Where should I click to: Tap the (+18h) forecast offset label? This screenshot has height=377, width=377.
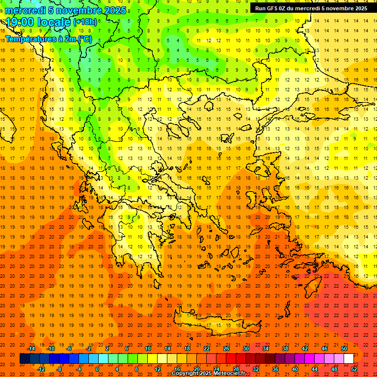[x=85, y=22]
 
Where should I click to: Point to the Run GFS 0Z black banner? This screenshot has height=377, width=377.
[x=311, y=8]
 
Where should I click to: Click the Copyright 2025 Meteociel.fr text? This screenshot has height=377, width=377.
[x=208, y=373]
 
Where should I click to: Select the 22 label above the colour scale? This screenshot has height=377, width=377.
[x=207, y=349]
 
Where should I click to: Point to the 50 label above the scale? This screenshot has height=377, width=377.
[x=344, y=349]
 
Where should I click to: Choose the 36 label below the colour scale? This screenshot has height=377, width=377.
[x=275, y=369]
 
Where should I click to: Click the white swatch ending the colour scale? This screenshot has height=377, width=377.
[x=349, y=359]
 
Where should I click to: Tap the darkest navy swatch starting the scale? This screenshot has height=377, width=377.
[x=25, y=359]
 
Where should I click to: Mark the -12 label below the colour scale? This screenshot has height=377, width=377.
[x=41, y=369]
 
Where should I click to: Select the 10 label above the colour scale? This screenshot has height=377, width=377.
[x=148, y=349]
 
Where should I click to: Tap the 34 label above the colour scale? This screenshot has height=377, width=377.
[x=266, y=349]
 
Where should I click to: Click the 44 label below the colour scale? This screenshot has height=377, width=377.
[x=315, y=369]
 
